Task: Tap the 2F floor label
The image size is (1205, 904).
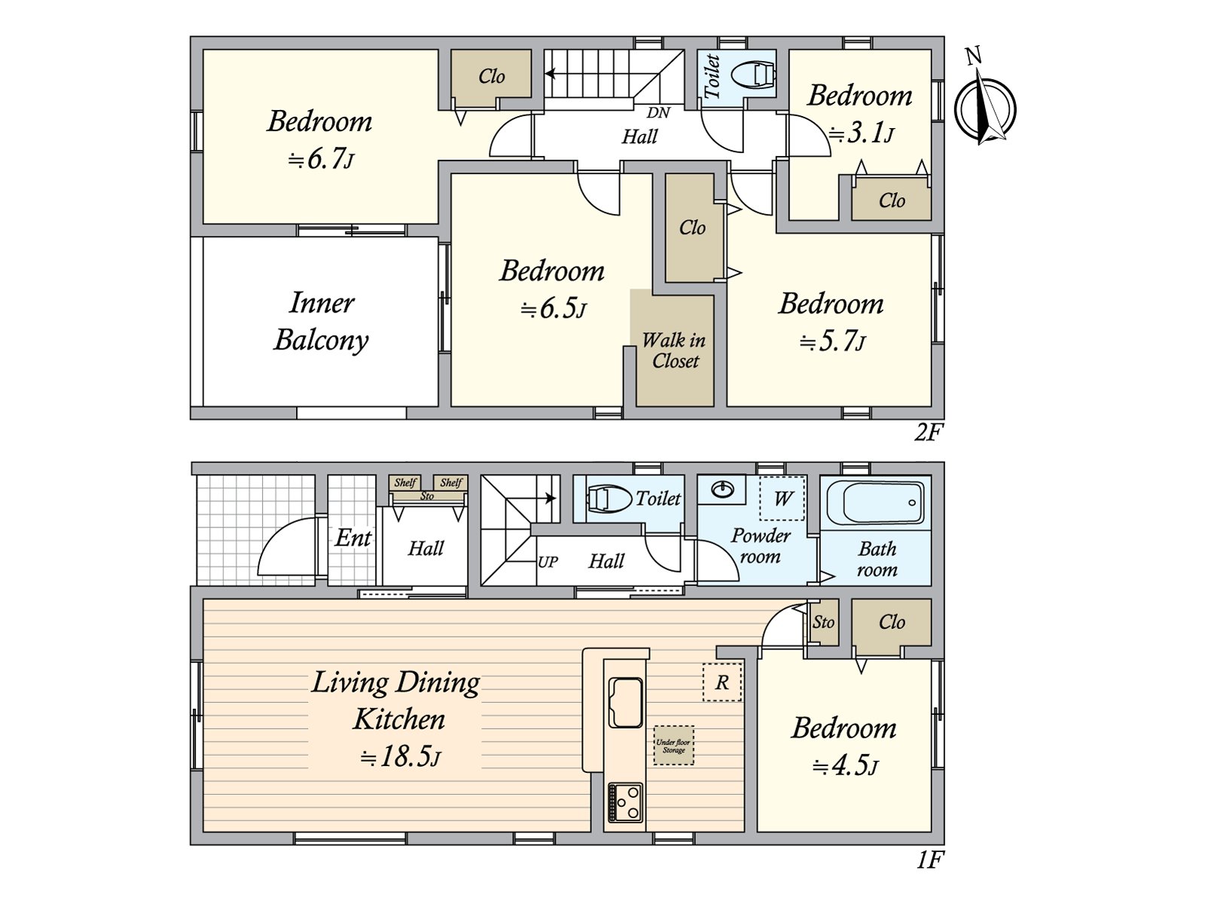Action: pos(929,434)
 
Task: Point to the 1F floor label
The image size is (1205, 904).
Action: pos(929,860)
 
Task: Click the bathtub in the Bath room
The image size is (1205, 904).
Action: pos(877,502)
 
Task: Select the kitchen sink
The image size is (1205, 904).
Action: pos(625,702)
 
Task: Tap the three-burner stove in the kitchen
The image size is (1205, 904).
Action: pos(625,802)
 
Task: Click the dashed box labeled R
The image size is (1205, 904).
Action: pos(722,683)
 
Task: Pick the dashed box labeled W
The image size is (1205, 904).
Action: pos(782,499)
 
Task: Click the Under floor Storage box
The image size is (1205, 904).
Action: pos(673,745)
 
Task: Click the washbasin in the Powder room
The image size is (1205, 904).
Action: pos(723,488)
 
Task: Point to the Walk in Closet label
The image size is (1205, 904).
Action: pos(673,350)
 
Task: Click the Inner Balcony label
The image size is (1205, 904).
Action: pos(321,322)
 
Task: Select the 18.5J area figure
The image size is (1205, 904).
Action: pos(400,757)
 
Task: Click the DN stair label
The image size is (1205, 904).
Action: pos(658,112)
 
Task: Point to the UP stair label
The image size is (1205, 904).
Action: pos(548,562)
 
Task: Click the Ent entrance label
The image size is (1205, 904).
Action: pos(353,537)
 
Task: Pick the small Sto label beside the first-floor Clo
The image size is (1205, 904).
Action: pos(823,622)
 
